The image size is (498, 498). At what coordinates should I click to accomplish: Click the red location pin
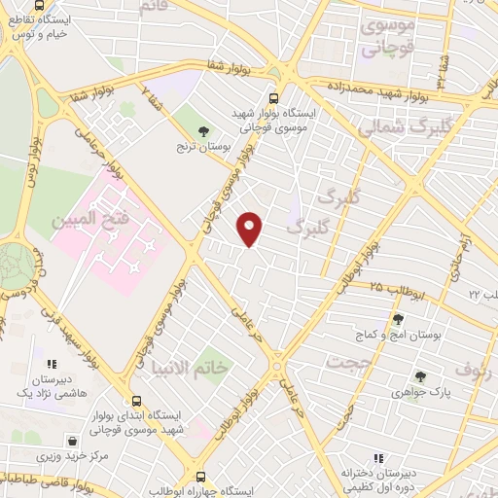tap(251, 229)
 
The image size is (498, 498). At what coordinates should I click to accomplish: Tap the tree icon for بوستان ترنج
tap(203, 130)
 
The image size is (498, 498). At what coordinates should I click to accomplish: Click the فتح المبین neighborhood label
tap(89, 221)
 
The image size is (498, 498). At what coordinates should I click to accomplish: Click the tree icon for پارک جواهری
tap(420, 376)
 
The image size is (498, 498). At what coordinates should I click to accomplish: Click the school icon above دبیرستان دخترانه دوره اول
tap(378, 458)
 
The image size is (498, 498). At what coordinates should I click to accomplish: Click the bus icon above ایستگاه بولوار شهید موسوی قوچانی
tap(272, 97)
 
